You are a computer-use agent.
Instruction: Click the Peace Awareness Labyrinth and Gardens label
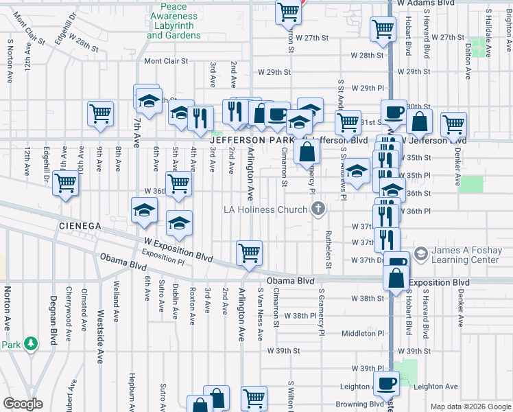pyautogui.click(x=174, y=20)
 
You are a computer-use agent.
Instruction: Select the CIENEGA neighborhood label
pyautogui.click(x=80, y=225)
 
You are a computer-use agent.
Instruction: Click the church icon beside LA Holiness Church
pyautogui.click(x=318, y=208)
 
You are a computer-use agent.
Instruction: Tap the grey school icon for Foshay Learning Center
pyautogui.click(x=421, y=253)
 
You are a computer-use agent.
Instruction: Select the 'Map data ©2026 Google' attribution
pyautogui.click(x=470, y=407)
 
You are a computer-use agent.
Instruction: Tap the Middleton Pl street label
pyautogui.click(x=360, y=333)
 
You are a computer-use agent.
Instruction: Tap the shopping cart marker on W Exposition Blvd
pyautogui.click(x=248, y=252)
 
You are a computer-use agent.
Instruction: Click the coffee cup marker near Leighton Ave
pyautogui.click(x=385, y=382)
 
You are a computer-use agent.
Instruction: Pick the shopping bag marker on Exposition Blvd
pyautogui.click(x=396, y=279)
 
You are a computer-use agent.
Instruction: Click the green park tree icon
pyautogui.click(x=30, y=342)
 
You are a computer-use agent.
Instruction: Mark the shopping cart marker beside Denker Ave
pyautogui.click(x=453, y=124)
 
